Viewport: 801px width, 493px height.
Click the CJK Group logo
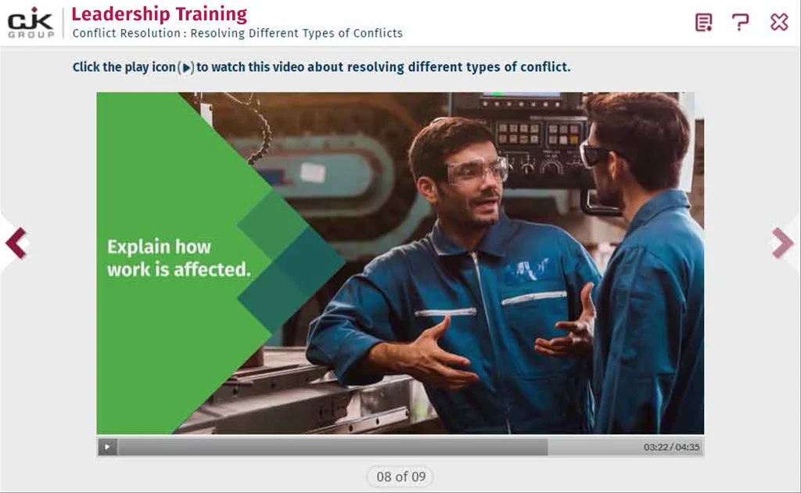31,23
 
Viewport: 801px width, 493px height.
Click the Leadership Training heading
159,14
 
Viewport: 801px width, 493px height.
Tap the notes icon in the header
703,23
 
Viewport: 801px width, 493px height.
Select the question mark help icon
740,23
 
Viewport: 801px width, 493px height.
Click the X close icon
779,22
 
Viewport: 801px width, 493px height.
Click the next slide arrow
782,243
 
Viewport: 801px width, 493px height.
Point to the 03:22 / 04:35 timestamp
671,447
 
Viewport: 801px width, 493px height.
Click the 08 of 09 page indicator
400,477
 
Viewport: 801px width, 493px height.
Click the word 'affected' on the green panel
212,269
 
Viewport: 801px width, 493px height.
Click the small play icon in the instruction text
187,67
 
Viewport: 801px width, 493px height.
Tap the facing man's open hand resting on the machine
434,351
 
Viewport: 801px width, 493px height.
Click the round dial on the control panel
551,167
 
